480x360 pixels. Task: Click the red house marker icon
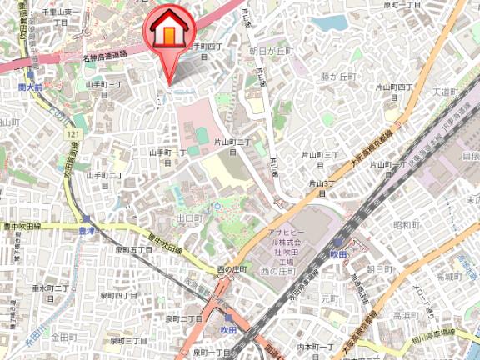tap(167, 32)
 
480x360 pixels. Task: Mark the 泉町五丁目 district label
tap(133, 249)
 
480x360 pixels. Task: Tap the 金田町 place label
tap(63, 337)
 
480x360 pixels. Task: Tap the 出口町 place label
tap(190, 218)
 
